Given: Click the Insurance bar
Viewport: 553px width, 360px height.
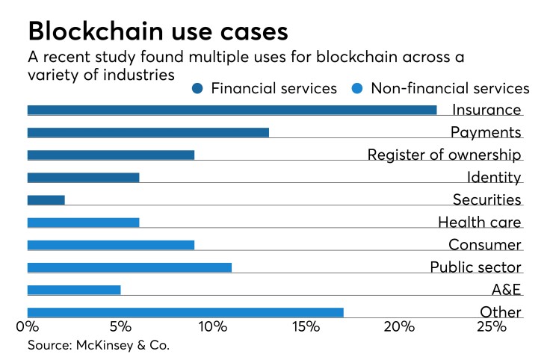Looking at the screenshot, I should coord(232,111).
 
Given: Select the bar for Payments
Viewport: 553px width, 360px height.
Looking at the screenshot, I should coord(148,133).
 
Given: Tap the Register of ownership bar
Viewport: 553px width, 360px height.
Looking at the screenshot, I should coord(111,155).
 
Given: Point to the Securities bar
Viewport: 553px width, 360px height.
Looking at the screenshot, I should coord(46,200).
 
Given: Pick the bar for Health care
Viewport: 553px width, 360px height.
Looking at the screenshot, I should coord(83,223).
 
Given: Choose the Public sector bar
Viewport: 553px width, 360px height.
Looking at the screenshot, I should coord(129,267).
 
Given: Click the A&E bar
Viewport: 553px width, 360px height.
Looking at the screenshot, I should coord(73,290).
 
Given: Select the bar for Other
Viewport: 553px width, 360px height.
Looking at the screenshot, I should coord(185,312).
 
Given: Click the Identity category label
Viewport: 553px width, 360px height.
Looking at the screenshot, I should coord(493,177).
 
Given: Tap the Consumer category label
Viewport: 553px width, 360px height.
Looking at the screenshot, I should coord(484,244).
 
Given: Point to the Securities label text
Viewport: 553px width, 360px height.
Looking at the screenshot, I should coord(486,199).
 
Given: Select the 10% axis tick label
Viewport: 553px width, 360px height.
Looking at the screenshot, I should coord(213,326).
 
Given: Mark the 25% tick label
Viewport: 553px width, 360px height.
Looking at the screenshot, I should coord(492,326).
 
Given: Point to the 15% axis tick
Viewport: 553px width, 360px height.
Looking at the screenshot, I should coord(306,326).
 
